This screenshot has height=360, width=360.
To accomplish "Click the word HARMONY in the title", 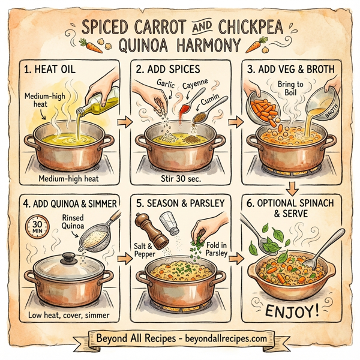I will point(200,45).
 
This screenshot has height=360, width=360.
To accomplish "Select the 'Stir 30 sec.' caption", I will point(179,178).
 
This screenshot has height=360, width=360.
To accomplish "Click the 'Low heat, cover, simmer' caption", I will point(67,314).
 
